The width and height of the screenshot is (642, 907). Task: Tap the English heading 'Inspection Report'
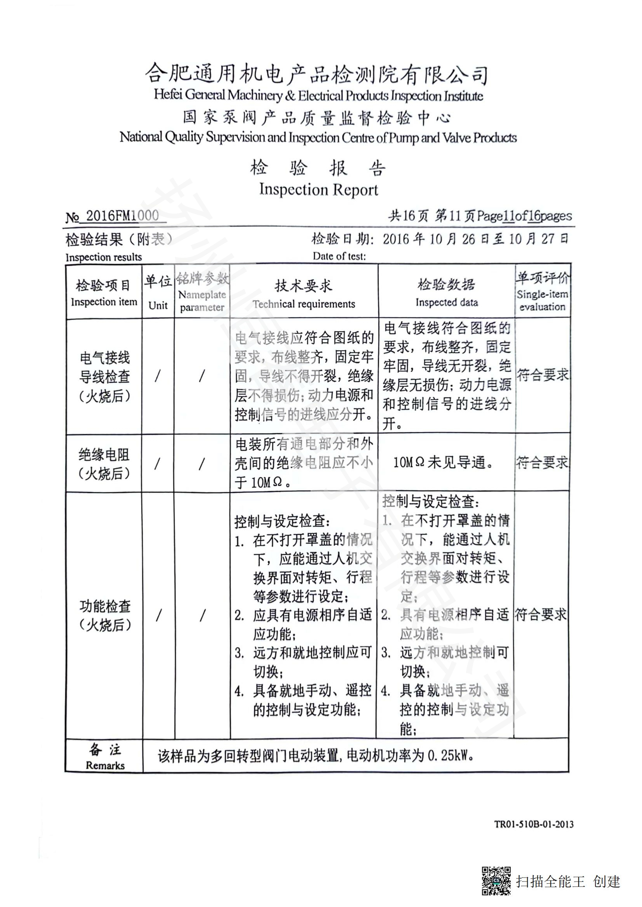pos(318,189)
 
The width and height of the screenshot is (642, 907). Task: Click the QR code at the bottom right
pos(496,880)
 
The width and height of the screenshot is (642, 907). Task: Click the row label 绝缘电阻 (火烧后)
pos(104,464)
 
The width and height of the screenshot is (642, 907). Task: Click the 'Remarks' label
pos(105,765)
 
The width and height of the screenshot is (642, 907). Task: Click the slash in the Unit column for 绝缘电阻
pos(158,463)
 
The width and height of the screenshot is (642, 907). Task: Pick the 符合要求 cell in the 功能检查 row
pos(541,614)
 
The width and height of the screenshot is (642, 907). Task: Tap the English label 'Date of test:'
pos(339,256)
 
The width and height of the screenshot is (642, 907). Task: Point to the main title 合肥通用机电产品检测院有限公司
pos(316,74)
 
